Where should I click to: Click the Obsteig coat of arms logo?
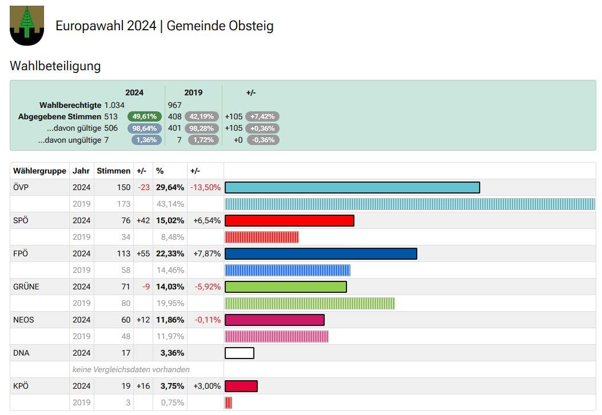pos(27,25)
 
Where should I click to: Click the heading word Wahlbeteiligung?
pos(55,66)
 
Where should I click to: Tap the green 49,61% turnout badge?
pos(145,116)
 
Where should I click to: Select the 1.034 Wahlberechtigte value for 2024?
pos(114,105)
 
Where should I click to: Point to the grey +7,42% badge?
pos(262,116)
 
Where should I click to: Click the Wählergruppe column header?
pos(39,171)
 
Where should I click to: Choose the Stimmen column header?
pos(114,171)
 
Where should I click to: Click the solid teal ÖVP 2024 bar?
pos(352,187)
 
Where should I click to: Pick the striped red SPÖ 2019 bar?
pos(261,237)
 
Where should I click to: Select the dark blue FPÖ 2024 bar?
pos(321,253)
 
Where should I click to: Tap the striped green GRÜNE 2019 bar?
pos(310,304)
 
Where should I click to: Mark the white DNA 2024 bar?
pos(240,353)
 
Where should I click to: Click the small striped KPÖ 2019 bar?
pos(229,403)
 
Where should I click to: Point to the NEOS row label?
pos(23,320)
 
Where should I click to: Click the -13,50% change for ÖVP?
pos(205,187)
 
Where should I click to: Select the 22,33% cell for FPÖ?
pos(170,253)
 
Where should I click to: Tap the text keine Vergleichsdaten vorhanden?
pos(131,370)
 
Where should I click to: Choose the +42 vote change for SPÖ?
pos(143,221)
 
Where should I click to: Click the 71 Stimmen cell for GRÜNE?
pos(126,287)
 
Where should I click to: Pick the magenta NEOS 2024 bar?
pos(274,320)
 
